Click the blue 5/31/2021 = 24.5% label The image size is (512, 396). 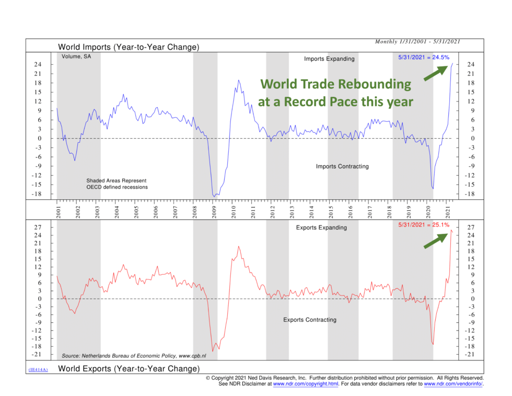point(424,58)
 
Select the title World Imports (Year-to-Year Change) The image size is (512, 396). point(129,47)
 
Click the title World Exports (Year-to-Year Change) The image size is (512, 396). point(129,369)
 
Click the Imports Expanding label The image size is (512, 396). point(329,59)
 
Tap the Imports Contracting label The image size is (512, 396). point(342,166)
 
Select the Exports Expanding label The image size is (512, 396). point(321,228)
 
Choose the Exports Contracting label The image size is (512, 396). point(310,320)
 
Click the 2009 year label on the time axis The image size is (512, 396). point(214,211)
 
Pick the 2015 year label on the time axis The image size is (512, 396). point(331,211)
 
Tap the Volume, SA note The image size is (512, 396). point(76,56)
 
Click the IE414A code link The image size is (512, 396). point(38,370)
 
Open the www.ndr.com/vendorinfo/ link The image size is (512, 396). point(453,383)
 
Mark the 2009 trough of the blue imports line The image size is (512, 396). point(214,195)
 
